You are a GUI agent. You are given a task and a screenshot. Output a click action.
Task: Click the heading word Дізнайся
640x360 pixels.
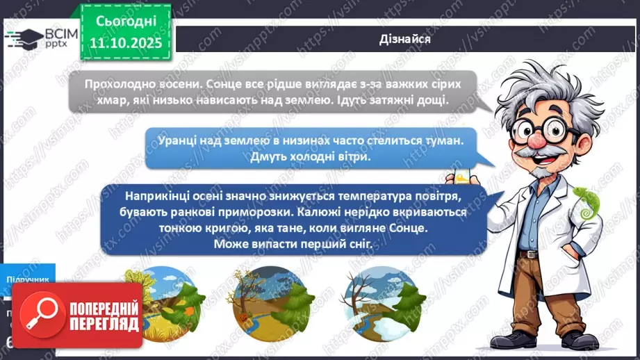coord(406,39)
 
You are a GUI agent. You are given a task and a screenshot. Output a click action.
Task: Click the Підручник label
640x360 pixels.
coord(28,279)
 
